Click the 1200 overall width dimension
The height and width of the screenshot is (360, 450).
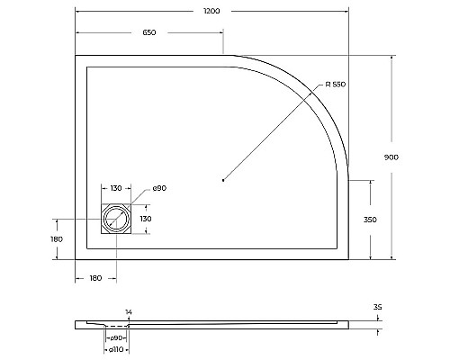coord(212,11)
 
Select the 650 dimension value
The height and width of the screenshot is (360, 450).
coord(149,33)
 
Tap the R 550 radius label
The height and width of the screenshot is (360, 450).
coord(334,84)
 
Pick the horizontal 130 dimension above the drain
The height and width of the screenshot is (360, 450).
coord(117,188)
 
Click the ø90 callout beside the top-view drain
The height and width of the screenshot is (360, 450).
coord(157,187)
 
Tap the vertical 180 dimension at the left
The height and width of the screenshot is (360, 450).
coord(56,238)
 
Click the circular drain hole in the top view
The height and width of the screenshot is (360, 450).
coord(117,219)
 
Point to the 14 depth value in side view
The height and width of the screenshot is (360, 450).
coord(129,311)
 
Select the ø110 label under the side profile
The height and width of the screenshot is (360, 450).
coord(116,349)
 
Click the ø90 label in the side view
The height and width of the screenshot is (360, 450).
coord(117,337)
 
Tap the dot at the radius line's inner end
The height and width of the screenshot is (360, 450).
coord(221,181)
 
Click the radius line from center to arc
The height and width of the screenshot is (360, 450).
coord(270,135)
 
